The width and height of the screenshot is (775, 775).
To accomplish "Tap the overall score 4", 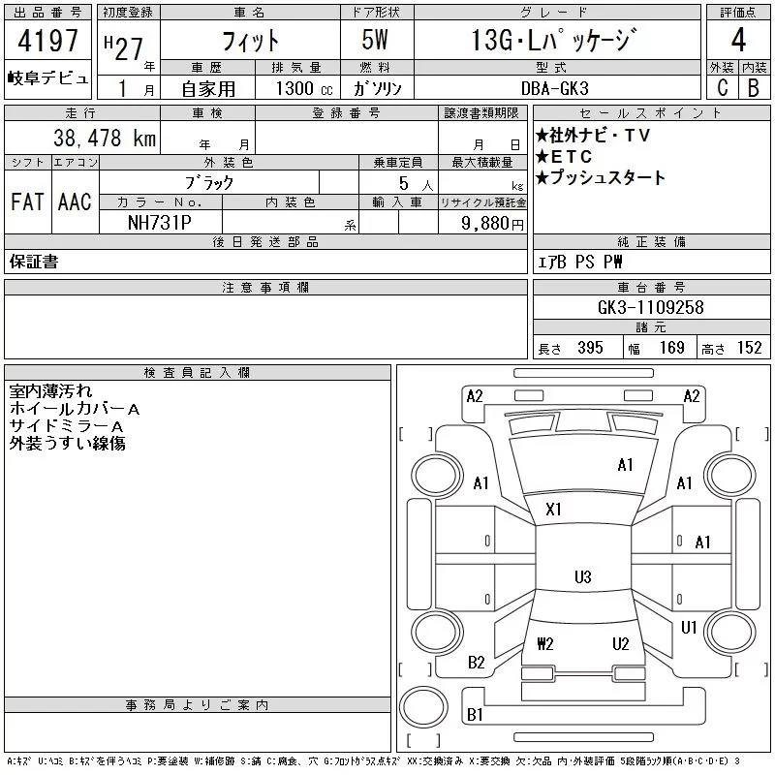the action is (738, 42).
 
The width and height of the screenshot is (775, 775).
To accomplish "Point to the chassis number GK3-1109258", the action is (651, 307).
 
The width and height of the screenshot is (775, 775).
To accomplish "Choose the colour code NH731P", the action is (161, 222).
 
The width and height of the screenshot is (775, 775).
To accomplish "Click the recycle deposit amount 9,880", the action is (488, 223).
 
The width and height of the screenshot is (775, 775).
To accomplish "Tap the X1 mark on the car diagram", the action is (554, 509).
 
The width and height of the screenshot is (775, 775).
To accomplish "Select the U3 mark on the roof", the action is (582, 577).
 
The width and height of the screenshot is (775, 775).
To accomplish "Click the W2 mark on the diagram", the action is (544, 643).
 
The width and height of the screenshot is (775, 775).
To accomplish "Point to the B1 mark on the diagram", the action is (476, 715).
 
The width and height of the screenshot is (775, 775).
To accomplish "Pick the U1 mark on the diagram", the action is (689, 628).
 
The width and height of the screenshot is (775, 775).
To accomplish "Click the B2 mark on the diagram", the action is (477, 663).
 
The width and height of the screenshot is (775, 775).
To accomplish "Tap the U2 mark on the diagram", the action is (621, 643).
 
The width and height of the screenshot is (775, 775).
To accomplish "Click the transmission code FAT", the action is (27, 202).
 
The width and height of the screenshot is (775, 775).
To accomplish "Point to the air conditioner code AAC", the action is (75, 202).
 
